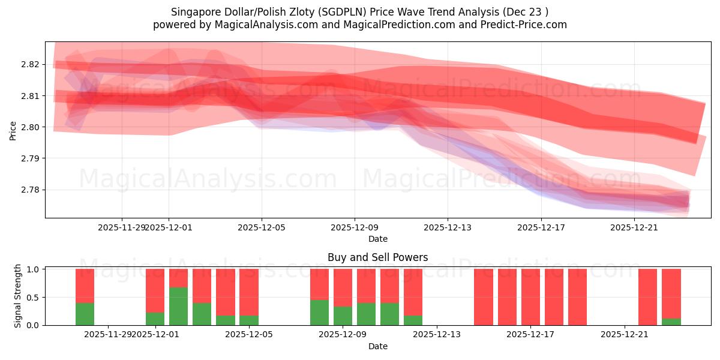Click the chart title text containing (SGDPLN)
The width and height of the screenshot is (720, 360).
[359, 12]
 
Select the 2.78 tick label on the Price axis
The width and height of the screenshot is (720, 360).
[30, 190]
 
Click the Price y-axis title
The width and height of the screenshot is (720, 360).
[13, 130]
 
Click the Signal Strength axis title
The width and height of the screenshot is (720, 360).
[18, 296]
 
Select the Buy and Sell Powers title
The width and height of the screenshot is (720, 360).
[377, 257]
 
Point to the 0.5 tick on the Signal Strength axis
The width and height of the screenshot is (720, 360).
[32, 297]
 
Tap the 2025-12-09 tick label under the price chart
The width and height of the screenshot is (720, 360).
[354, 227]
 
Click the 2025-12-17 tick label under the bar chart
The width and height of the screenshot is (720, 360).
[531, 335]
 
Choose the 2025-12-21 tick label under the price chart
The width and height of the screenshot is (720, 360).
[634, 227]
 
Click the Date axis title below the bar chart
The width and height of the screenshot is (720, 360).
[377, 346]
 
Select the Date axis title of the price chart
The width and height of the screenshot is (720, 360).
[377, 239]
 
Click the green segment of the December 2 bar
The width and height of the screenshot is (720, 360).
[178, 306]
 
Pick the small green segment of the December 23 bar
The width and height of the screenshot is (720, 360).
[671, 322]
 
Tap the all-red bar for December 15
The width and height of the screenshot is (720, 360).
[484, 297]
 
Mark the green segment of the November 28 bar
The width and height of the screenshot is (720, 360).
[85, 314]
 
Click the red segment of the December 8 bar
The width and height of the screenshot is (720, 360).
[319, 284]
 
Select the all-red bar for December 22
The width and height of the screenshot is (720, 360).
[648, 297]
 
